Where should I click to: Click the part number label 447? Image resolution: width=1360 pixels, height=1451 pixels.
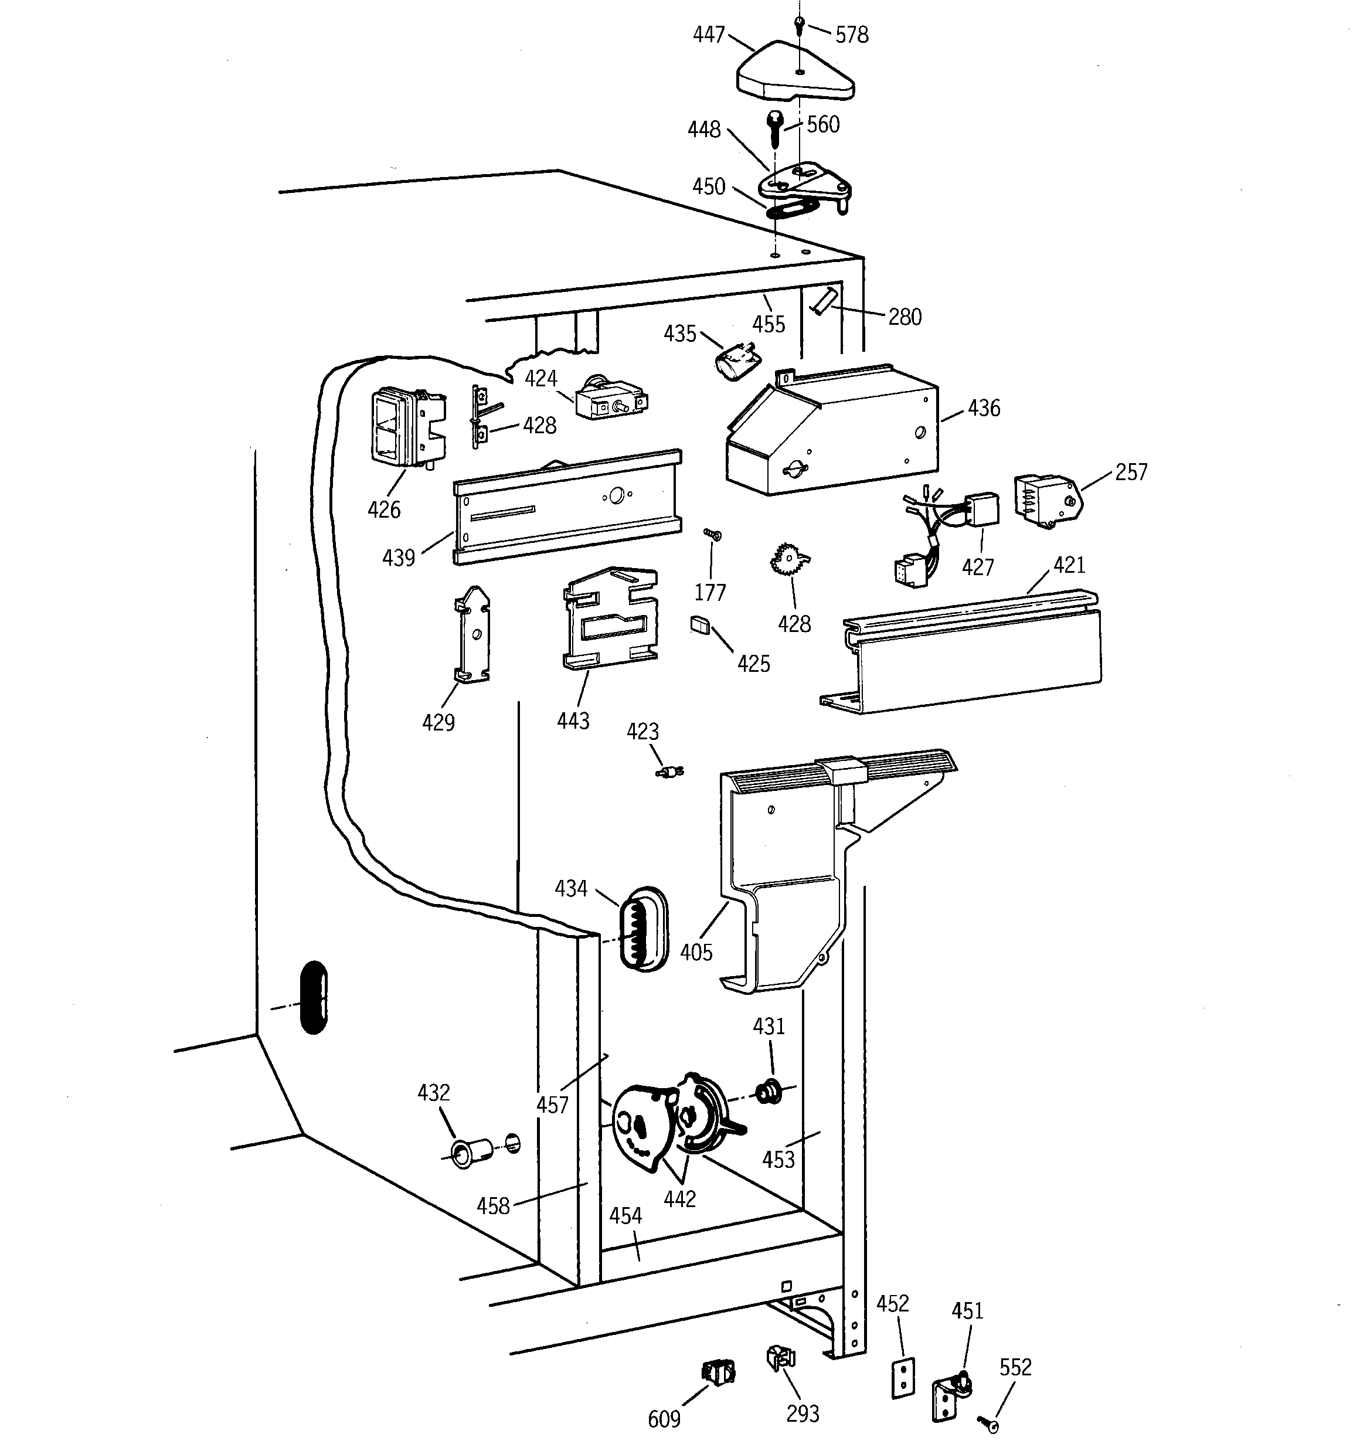coord(708,35)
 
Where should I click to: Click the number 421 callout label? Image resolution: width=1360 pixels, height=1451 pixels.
coord(1069,565)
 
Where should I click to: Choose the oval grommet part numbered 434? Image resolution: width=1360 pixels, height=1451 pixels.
coord(642,929)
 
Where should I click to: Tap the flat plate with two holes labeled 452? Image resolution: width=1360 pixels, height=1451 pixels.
coord(903,1378)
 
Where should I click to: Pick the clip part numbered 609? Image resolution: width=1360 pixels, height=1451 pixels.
coord(718,1373)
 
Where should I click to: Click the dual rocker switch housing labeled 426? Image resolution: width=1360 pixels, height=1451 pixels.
coord(407,428)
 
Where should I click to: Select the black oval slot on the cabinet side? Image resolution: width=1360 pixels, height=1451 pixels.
coord(314,997)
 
